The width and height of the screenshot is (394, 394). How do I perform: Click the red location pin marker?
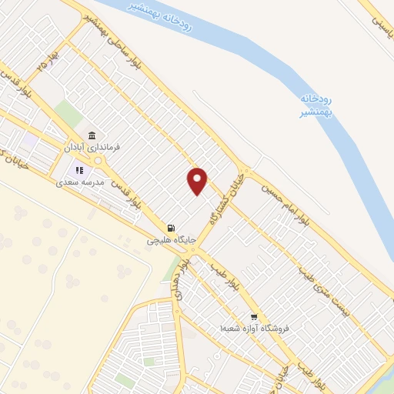(x=198, y=181)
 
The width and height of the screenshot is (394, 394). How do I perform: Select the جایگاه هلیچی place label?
(x=172, y=240)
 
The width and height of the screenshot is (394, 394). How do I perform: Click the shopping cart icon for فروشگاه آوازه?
(x=254, y=316)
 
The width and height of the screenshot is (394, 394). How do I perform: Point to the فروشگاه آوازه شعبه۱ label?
(x=254, y=329)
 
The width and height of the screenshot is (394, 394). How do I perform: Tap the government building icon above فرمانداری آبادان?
(x=92, y=134)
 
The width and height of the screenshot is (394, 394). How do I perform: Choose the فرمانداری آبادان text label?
(x=92, y=146)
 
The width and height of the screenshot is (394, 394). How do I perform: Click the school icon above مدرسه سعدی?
(x=78, y=171)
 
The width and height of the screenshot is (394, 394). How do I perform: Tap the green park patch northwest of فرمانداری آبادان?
(x=69, y=113)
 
